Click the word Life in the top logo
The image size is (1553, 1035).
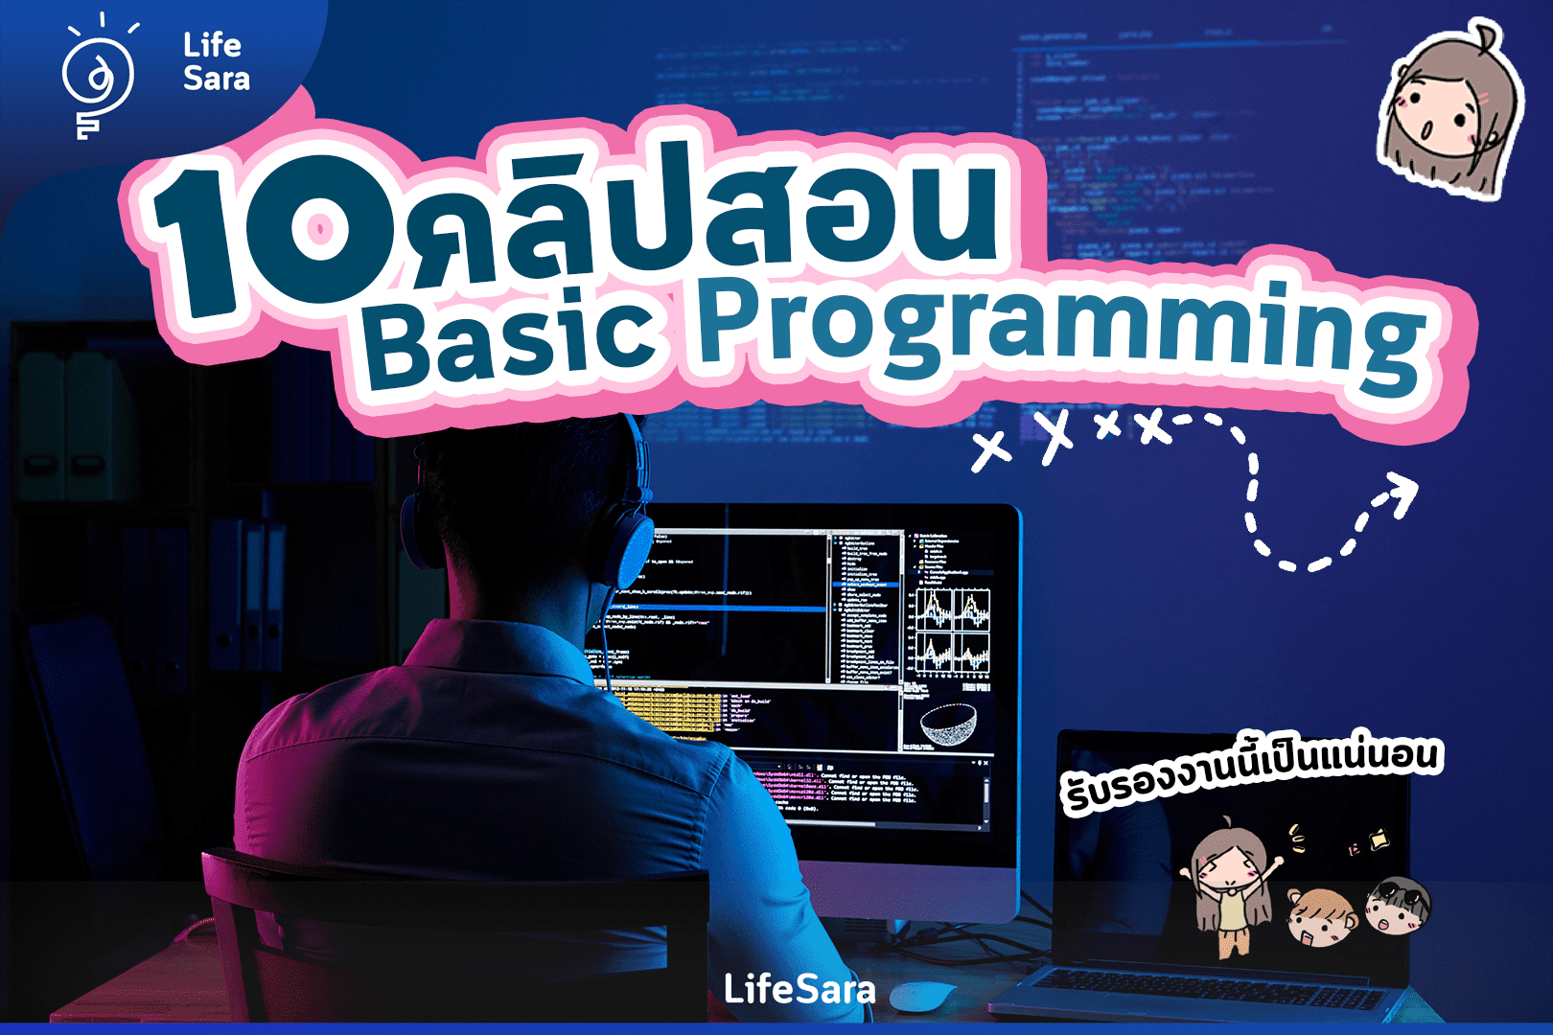212,45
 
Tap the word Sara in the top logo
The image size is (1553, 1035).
217,79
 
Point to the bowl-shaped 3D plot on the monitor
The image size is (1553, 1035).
948,724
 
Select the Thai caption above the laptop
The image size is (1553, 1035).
1250,772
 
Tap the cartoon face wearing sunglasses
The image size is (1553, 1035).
1398,905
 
